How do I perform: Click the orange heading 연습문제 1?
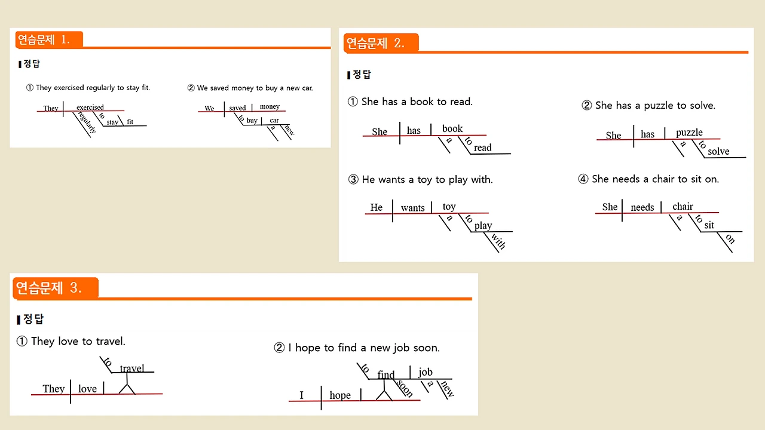44,40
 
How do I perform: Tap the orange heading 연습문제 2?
375,43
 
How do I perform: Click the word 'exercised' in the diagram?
90,107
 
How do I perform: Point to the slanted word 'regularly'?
87,122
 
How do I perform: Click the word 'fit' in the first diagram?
130,122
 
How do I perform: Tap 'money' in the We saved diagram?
270,106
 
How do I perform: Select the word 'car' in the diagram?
274,120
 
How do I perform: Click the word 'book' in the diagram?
452,128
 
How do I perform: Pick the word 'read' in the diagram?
482,148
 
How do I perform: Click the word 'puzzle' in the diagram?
689,132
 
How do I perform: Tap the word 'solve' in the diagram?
718,151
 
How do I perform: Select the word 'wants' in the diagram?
412,208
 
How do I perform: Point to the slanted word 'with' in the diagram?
497,241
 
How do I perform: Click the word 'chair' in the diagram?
683,207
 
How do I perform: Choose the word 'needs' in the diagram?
642,207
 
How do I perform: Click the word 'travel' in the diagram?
131,368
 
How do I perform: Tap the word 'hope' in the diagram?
340,395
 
